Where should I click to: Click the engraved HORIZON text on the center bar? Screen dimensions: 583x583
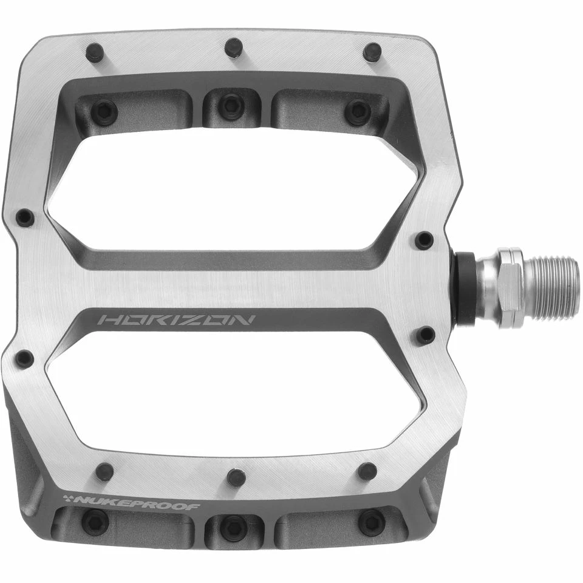point(177,321)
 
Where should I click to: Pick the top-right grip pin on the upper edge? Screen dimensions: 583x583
point(372,52)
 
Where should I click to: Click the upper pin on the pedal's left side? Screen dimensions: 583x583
point(25,217)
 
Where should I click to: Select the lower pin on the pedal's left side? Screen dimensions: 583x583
point(24,358)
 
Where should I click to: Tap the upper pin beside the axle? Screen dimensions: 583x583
point(424,239)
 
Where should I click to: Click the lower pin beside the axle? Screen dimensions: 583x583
point(426,335)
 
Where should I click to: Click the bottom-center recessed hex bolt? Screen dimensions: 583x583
point(234,528)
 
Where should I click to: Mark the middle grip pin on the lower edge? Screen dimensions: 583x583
point(236,477)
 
